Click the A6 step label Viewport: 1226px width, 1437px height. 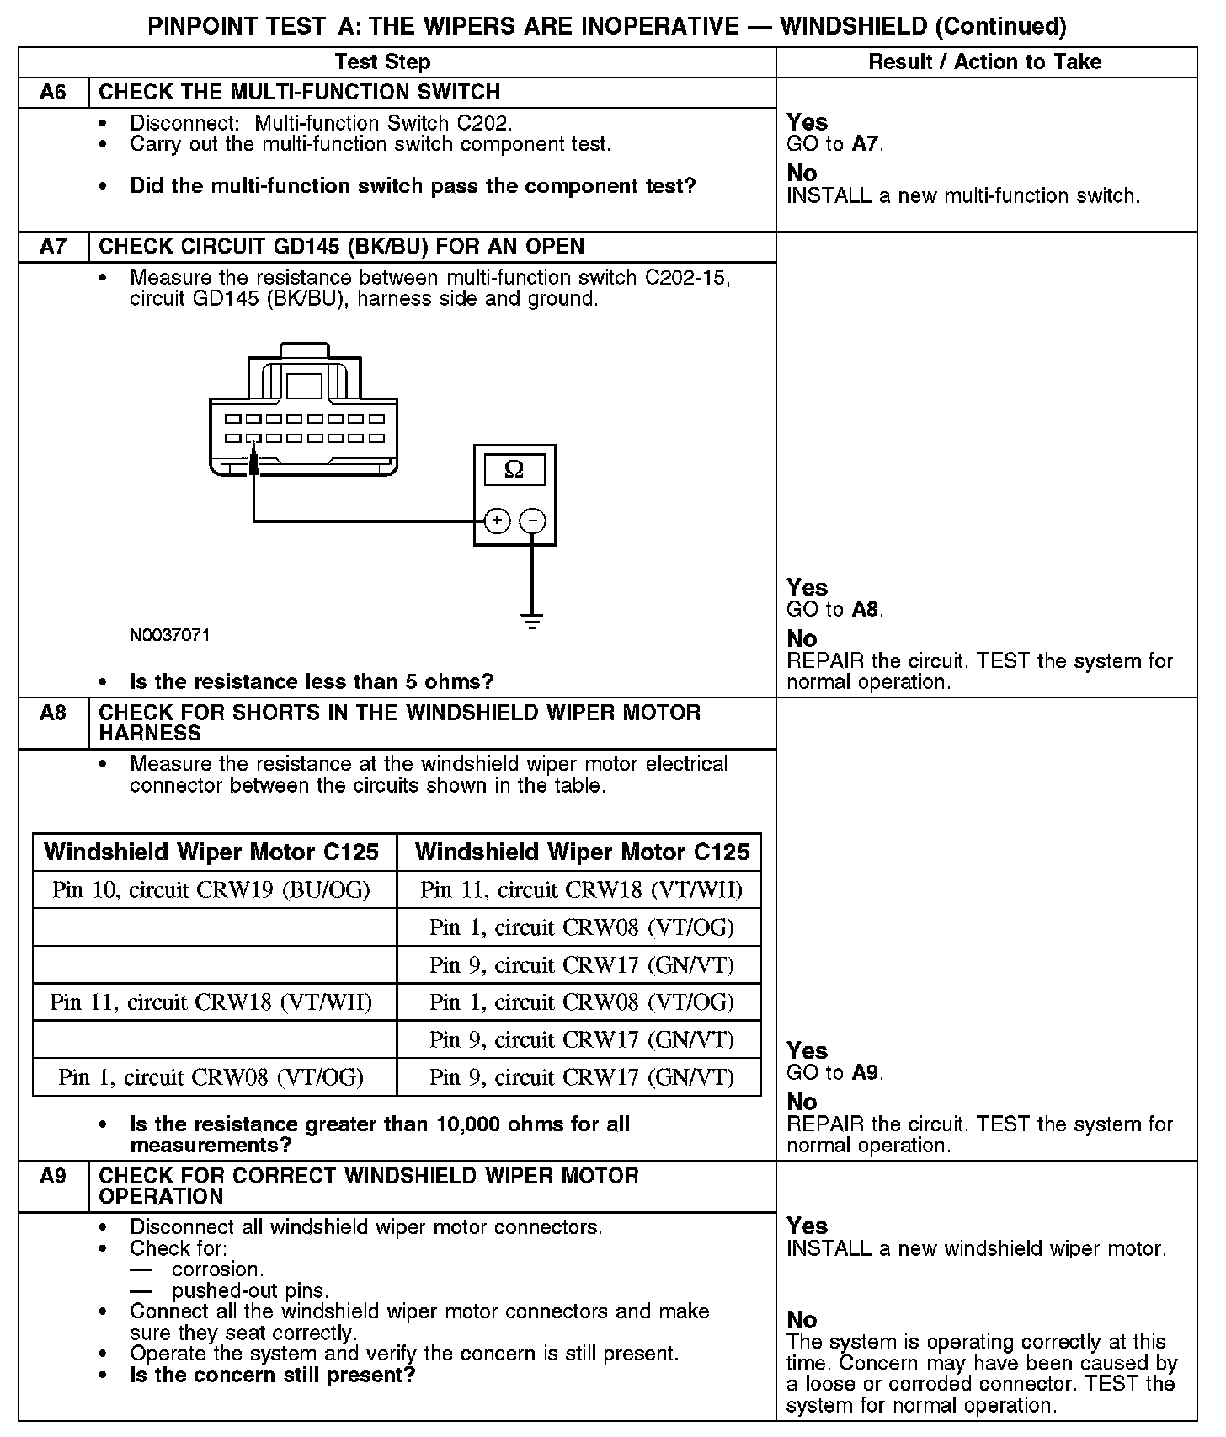(53, 92)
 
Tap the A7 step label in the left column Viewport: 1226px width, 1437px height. (53, 247)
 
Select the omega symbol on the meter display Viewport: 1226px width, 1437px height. (514, 470)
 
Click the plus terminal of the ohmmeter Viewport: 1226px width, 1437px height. (497, 521)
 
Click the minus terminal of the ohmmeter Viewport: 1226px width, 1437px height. (532, 521)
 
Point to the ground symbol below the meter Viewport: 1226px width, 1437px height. (532, 622)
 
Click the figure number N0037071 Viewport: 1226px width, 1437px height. (170, 635)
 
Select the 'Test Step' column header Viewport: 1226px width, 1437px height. (382, 61)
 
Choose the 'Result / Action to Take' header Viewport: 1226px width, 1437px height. (984, 61)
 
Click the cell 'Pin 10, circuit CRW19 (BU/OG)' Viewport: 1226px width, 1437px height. (211, 889)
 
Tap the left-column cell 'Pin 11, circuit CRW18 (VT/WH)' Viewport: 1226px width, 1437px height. (211, 1002)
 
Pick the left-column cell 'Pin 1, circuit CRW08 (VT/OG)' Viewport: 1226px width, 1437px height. (211, 1076)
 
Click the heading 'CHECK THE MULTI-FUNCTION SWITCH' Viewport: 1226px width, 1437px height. (300, 92)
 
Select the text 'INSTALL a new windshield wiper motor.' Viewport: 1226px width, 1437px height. (977, 1248)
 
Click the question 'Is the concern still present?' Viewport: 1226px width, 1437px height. (273, 1376)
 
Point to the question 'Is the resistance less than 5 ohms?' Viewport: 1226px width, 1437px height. (312, 681)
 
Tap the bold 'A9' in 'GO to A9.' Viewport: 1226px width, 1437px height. (866, 1072)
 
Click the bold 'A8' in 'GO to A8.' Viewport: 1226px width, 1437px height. (866, 609)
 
